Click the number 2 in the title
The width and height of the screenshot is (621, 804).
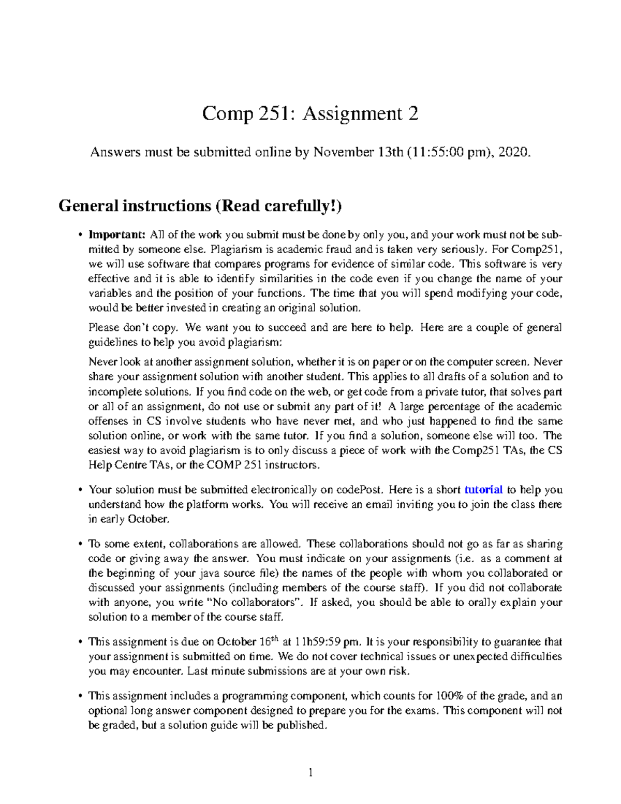point(412,113)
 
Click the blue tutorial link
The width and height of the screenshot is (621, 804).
point(483,490)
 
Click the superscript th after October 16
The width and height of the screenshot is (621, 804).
point(275,638)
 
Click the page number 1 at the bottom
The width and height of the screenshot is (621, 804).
point(310,773)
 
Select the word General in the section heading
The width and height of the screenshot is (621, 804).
point(88,206)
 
